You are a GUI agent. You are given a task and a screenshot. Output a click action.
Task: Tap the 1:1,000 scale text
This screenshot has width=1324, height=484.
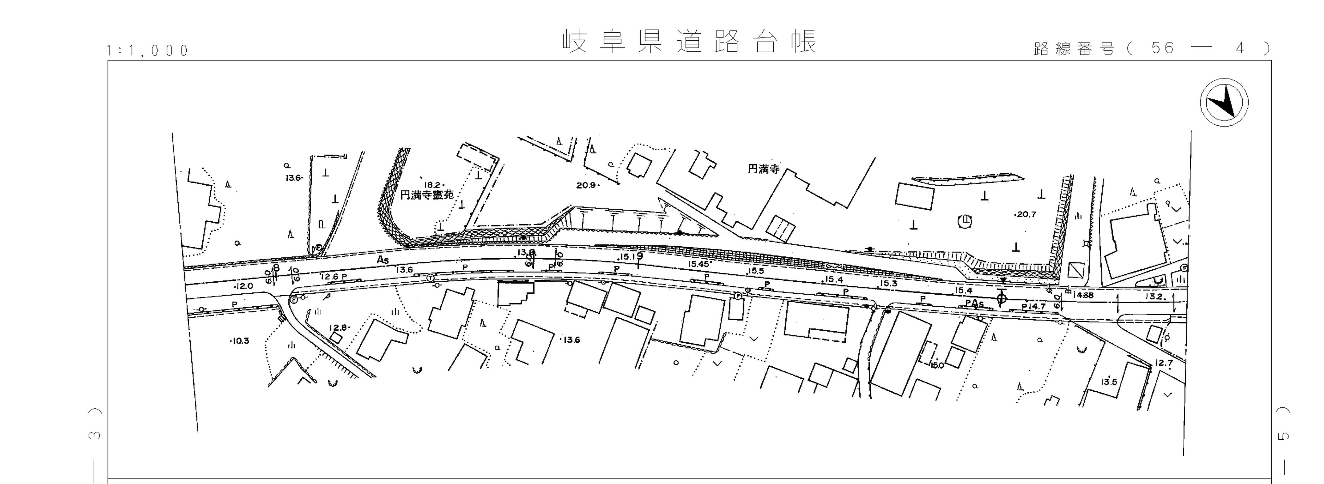tap(148, 50)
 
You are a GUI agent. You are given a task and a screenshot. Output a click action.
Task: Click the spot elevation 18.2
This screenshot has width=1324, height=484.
tap(432, 184)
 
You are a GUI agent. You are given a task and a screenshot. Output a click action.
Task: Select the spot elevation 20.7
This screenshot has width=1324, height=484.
tap(1026, 214)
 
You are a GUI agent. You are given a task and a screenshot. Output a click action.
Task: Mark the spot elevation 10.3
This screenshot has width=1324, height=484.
tap(240, 341)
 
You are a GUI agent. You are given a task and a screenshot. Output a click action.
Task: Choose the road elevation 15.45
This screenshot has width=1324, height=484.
tap(699, 264)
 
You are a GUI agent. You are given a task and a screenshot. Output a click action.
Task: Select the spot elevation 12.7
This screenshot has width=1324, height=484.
tap(1164, 363)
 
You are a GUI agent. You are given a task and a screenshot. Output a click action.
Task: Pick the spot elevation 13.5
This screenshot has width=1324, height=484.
tap(1109, 382)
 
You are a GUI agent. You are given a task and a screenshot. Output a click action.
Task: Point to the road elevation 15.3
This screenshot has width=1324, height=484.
tap(888, 283)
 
